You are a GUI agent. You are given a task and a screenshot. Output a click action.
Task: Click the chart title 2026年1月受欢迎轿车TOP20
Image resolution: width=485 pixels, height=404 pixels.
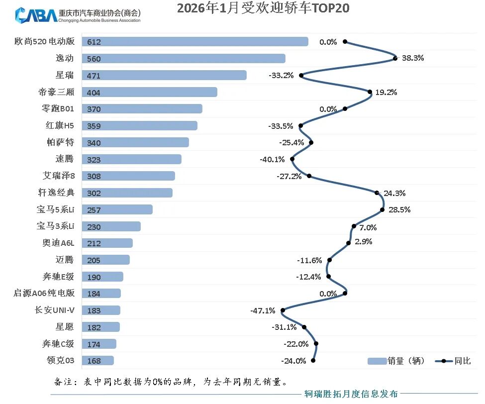(x=263, y=8)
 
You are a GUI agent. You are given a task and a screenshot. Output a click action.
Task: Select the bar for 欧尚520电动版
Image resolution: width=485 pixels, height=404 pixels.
(x=194, y=42)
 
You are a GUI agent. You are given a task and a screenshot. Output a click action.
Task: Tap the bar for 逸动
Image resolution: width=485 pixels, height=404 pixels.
(x=183, y=59)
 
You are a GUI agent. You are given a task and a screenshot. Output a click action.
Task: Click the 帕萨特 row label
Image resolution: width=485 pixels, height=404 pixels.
(x=59, y=143)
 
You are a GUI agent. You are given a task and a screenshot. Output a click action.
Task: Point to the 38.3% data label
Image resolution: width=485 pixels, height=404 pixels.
(x=413, y=58)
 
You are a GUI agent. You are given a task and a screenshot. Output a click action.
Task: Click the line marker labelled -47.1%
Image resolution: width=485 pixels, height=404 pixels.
(x=283, y=310)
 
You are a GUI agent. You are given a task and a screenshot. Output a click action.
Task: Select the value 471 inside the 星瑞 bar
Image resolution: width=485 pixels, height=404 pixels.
(x=94, y=76)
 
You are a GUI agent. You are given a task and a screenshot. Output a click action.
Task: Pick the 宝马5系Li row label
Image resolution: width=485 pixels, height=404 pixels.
(x=55, y=210)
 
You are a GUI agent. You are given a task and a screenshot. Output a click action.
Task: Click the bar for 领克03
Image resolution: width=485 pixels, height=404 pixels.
(x=97, y=361)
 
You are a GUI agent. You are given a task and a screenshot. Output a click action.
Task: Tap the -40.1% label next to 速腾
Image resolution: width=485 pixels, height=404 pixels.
(x=272, y=160)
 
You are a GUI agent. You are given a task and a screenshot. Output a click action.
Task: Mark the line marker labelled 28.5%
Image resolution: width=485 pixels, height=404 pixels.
(x=382, y=209)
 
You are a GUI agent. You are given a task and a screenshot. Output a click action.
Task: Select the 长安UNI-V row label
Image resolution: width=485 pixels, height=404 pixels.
(x=54, y=310)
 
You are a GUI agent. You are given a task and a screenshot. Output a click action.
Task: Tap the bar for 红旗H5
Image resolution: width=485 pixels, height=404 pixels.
(x=139, y=126)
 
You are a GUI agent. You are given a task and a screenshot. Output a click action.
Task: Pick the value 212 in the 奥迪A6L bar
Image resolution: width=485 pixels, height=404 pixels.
(x=94, y=244)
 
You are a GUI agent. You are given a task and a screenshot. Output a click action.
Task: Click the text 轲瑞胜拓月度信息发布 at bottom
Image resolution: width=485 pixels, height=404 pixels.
(x=351, y=394)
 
